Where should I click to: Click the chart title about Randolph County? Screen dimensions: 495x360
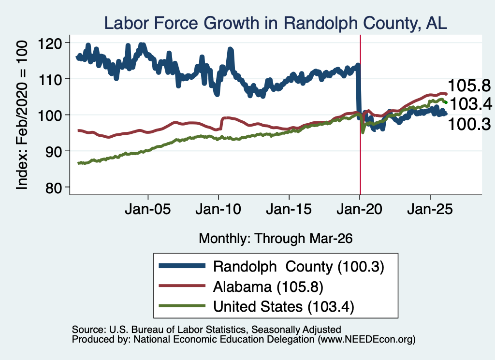[275, 23]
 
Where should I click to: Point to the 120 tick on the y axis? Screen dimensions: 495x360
[49, 43]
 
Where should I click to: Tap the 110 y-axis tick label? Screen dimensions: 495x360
[49, 80]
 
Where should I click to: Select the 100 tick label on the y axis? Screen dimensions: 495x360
[49, 115]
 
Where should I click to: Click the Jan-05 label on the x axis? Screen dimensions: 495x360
[148, 209]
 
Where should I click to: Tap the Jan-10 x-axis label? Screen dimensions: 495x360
[218, 209]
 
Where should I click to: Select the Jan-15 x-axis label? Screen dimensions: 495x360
[289, 209]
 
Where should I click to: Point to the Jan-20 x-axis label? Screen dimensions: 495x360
[360, 209]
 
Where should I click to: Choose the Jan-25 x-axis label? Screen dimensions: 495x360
[430, 209]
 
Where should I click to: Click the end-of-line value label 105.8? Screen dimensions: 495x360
[469, 86]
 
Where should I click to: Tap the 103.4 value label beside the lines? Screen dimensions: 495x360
[471, 104]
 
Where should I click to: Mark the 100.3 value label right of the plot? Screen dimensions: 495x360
[469, 124]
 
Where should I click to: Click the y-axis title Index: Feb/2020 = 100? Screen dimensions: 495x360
[22, 115]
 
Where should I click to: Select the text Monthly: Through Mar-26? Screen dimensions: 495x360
[276, 239]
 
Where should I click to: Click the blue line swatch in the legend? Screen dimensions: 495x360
[182, 266]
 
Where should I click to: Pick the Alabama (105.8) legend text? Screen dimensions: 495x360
[268, 287]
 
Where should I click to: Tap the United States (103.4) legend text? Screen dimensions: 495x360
[284, 307]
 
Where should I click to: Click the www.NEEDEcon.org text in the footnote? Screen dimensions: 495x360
[366, 340]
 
